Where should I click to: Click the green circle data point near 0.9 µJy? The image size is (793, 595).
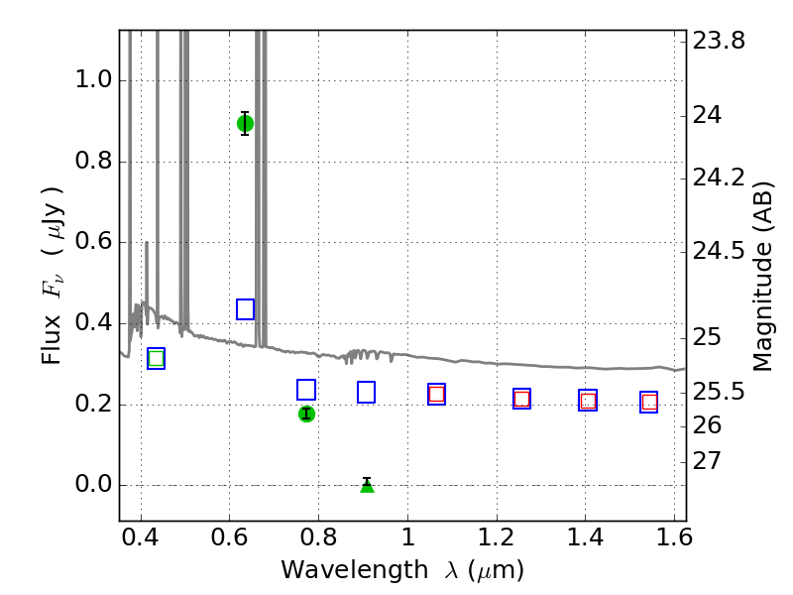click(x=245, y=123)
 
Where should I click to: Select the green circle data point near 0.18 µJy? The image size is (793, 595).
click(x=306, y=414)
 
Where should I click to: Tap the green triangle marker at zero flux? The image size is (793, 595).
click(x=367, y=486)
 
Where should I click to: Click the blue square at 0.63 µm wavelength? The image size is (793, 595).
click(x=245, y=309)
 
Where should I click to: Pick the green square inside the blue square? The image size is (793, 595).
click(x=157, y=359)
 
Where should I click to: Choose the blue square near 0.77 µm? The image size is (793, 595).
click(x=306, y=390)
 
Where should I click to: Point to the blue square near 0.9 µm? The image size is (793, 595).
click(x=366, y=392)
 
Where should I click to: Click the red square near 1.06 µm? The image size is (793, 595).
click(x=436, y=394)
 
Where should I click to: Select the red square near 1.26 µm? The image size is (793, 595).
click(x=522, y=399)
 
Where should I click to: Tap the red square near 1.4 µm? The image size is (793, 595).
click(x=588, y=401)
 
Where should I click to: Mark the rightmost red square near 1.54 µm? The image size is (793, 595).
click(x=649, y=403)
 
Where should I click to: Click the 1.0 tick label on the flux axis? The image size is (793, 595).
click(x=93, y=80)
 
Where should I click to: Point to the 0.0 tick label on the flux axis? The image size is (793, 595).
click(x=93, y=485)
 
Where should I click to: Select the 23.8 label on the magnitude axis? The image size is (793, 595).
click(x=719, y=41)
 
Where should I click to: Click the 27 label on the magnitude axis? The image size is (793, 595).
click(x=707, y=461)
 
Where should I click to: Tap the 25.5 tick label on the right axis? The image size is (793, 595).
click(x=719, y=392)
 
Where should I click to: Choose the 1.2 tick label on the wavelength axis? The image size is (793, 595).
click(x=497, y=537)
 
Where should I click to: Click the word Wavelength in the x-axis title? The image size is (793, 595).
click(x=355, y=570)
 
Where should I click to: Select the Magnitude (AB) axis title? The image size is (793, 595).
click(x=763, y=277)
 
